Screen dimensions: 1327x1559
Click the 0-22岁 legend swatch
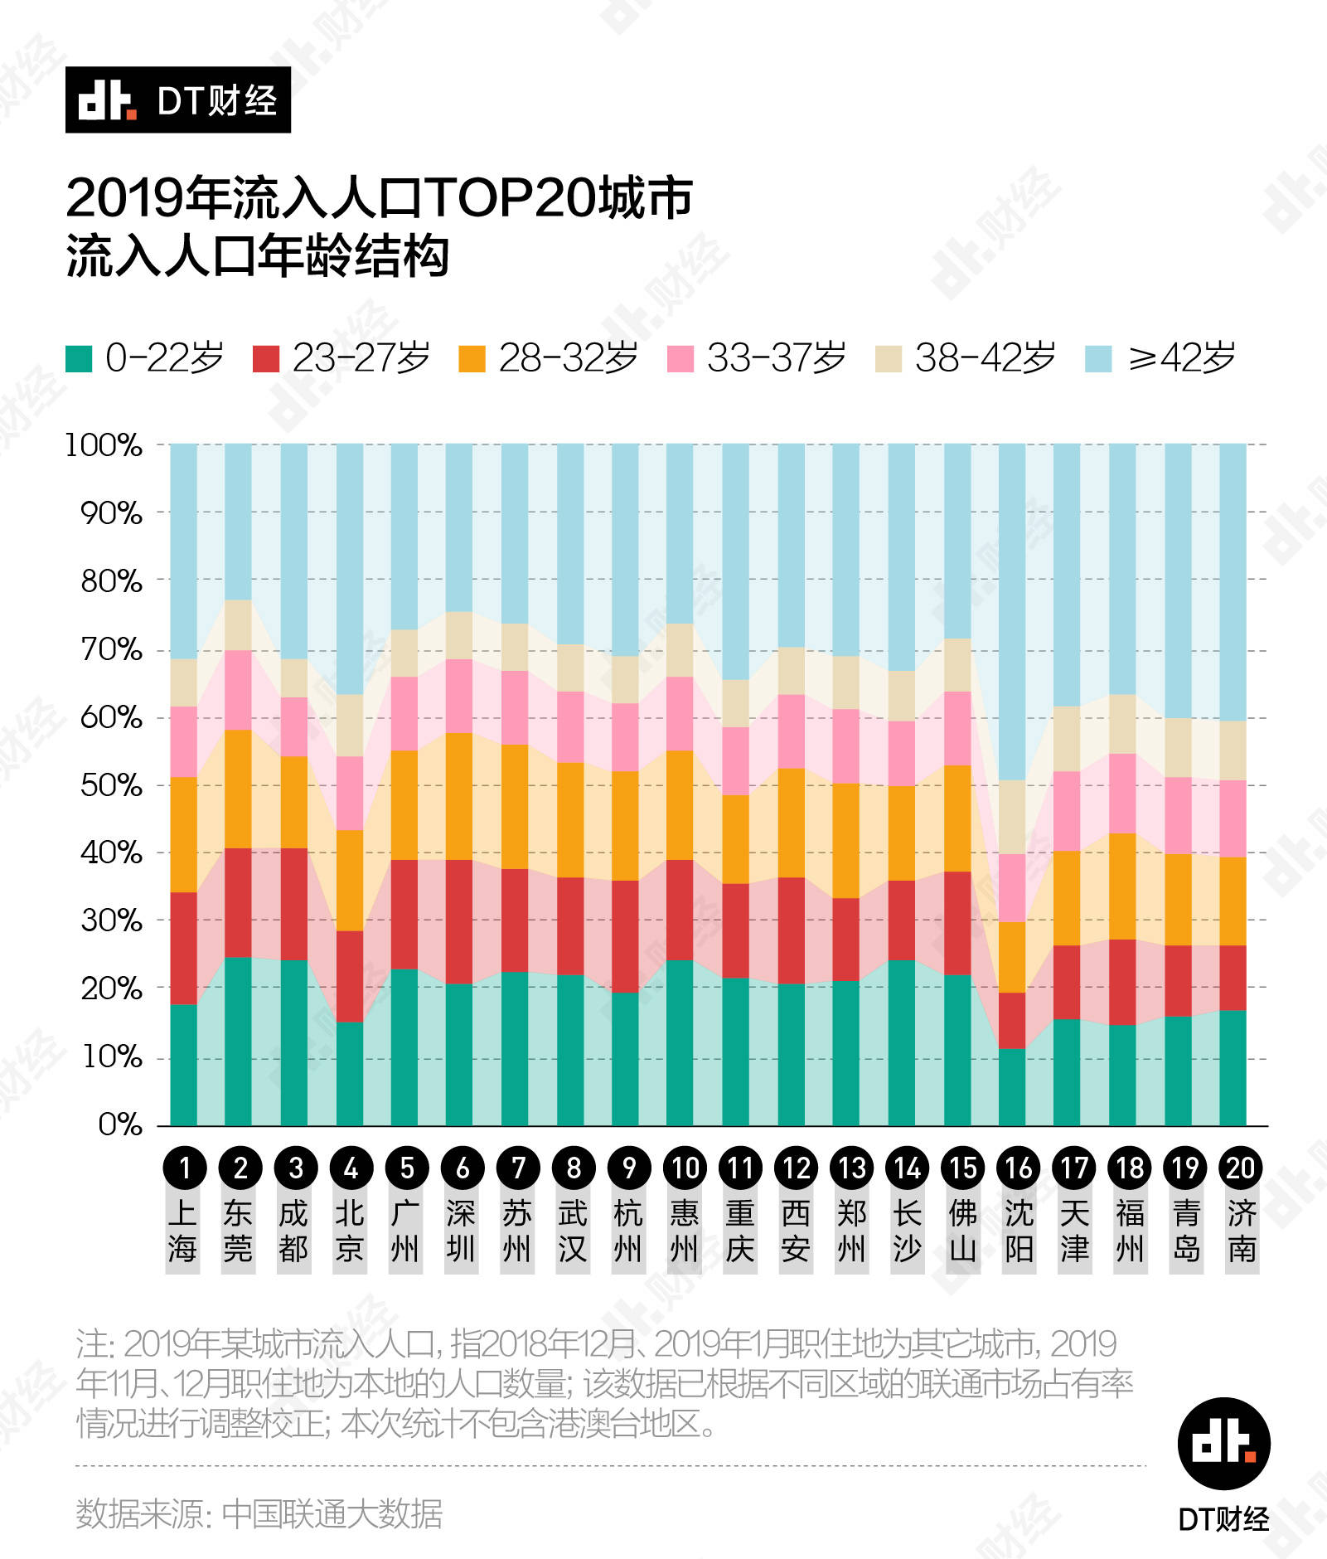coord(79,358)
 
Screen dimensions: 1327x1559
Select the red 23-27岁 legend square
coord(266,358)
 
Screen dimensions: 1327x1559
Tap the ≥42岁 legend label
coord(1182,358)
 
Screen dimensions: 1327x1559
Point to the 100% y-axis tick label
coord(104,445)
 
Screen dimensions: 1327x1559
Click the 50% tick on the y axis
coord(111,784)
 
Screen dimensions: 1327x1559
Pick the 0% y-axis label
coord(120,1124)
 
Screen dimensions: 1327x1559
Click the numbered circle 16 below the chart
coord(1019,1168)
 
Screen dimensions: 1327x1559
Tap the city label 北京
coord(350,1231)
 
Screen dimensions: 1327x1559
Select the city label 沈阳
coord(1019,1231)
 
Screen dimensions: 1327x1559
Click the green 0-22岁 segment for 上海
coord(184,1065)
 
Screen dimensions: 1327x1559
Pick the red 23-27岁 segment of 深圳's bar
coord(459,921)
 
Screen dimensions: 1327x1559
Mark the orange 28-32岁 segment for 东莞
coord(239,789)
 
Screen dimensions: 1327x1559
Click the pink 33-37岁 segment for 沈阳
coord(1012,887)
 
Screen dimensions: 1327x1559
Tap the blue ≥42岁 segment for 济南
coord(1233,582)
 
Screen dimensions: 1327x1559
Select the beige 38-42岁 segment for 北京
coord(350,725)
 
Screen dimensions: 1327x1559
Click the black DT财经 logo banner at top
coord(178,100)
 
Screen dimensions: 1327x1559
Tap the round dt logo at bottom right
coord(1224,1444)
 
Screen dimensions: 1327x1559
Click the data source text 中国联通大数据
coord(332,1513)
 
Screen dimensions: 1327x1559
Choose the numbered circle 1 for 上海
coord(184,1168)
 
